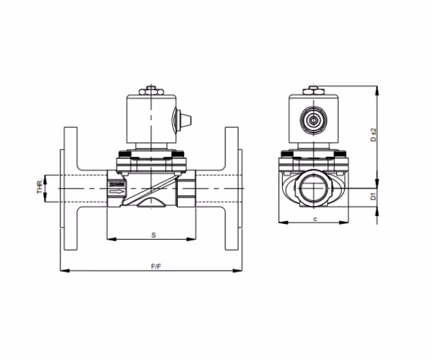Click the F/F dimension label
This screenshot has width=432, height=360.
pos(156,266)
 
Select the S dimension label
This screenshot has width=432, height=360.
pos(153,235)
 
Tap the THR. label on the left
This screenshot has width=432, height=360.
pos(40,186)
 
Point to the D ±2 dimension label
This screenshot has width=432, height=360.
pos(373,135)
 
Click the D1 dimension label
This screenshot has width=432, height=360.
pos(373,197)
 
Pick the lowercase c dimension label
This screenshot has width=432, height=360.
pos(315,220)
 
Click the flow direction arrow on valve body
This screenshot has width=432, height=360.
pos(116,192)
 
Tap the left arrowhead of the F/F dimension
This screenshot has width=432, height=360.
pos(65,271)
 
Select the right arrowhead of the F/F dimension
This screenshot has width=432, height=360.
pos(238,271)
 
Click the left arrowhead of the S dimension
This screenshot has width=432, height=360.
pos(112,239)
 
